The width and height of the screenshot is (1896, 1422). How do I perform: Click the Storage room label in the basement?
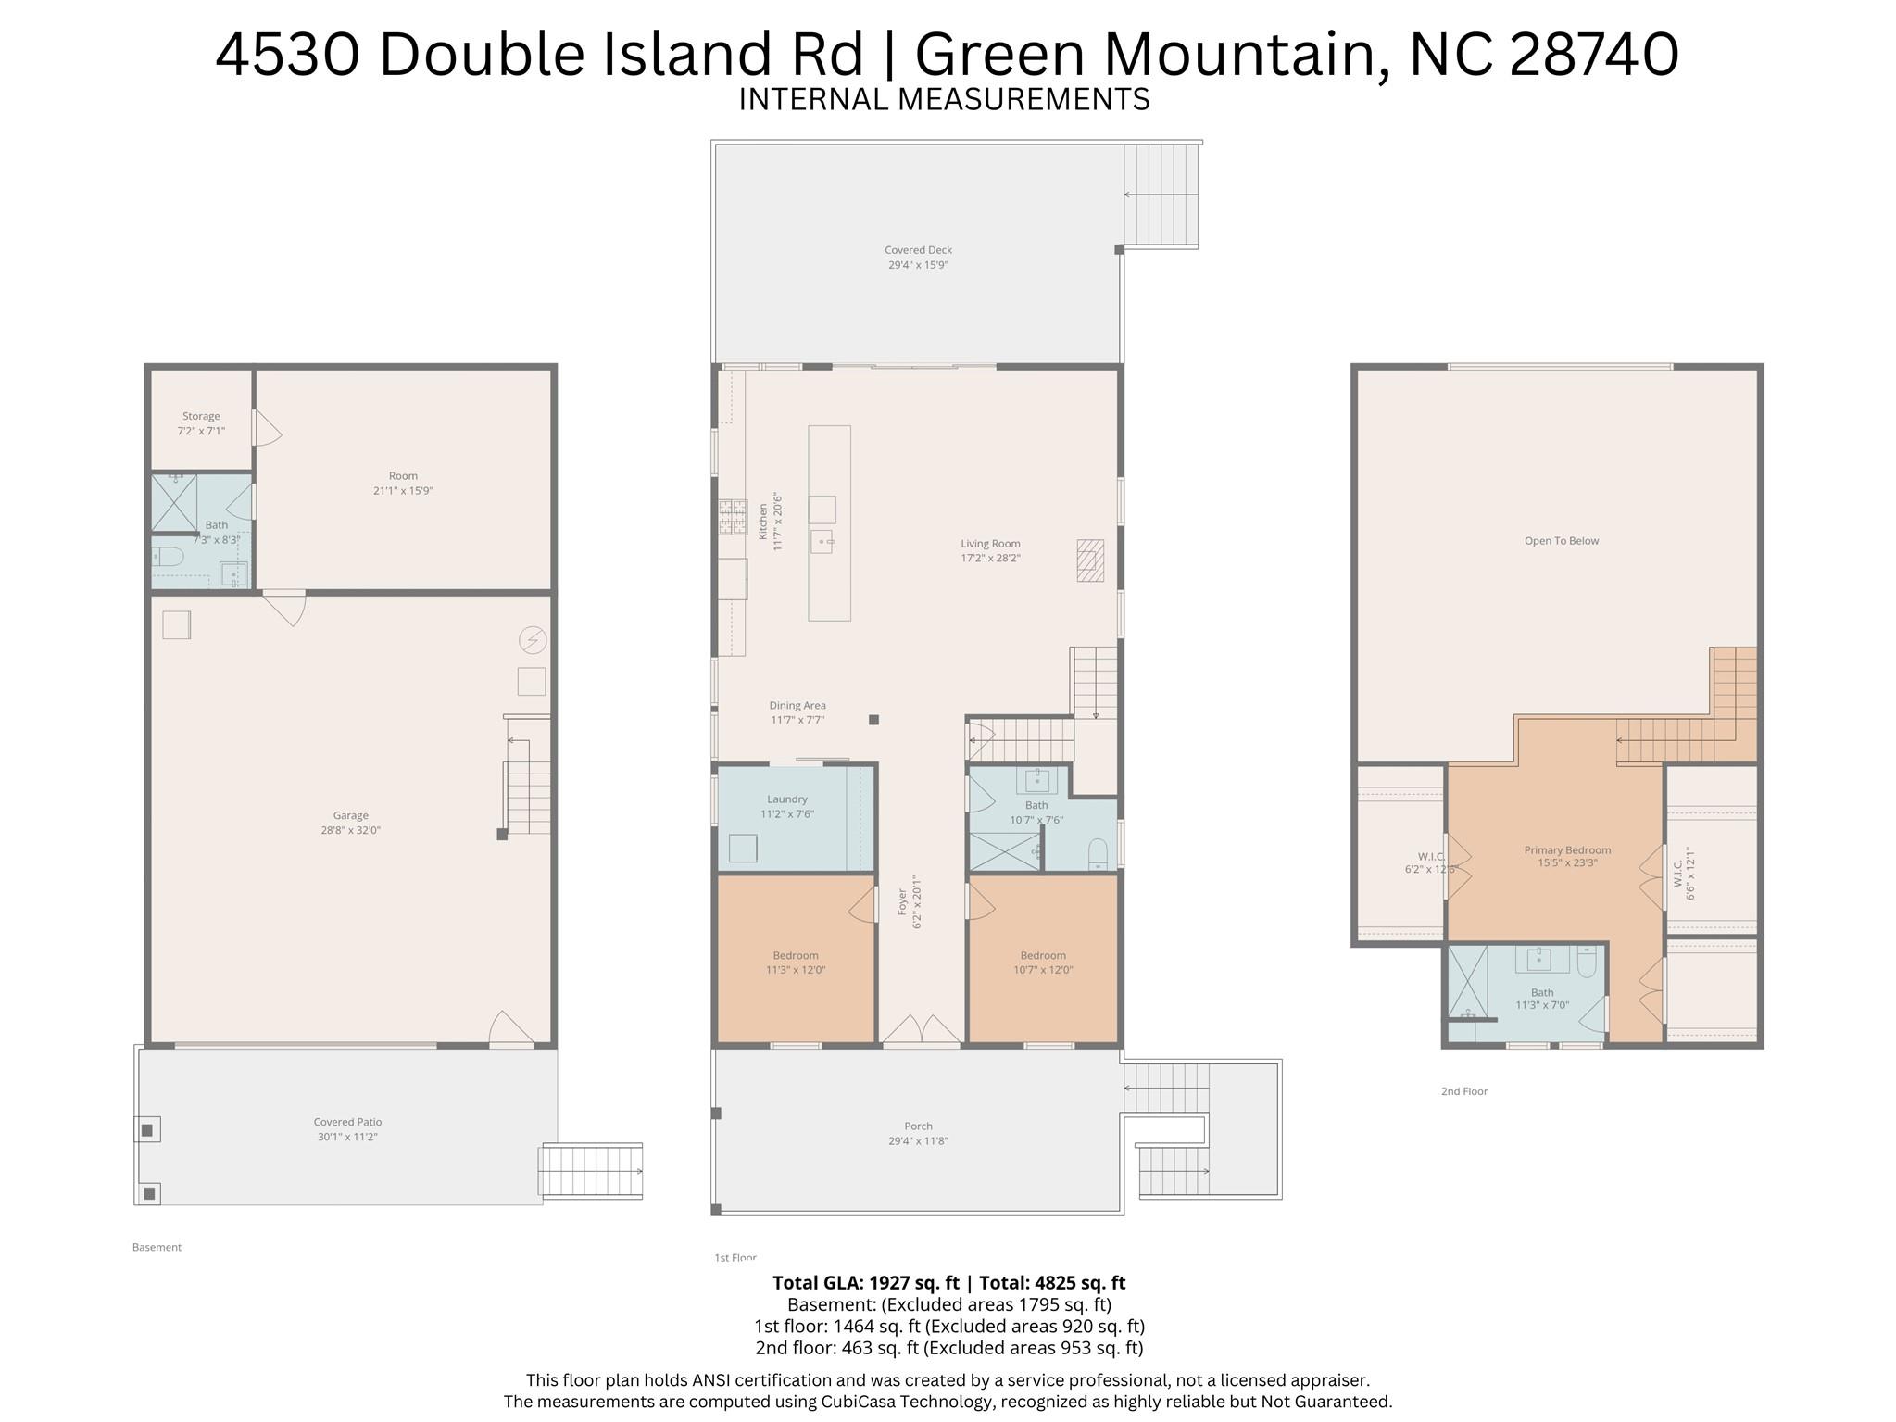(201, 417)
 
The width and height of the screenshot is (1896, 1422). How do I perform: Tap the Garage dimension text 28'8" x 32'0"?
(350, 831)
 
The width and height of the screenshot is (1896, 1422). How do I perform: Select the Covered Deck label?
(918, 250)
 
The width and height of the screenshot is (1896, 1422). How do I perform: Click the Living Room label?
(990, 544)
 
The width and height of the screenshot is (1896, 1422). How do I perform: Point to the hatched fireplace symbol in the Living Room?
(1090, 560)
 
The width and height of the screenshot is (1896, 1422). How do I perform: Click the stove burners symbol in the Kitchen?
(733, 517)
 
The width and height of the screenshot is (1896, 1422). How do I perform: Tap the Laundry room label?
(787, 799)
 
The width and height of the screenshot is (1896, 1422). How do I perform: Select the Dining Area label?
(797, 706)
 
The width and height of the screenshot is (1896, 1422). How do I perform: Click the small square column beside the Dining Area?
(873, 720)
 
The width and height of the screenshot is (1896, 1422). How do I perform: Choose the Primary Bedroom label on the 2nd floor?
(1567, 850)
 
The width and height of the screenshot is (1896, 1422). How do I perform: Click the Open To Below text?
(1562, 541)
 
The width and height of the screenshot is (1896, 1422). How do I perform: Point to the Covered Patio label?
(347, 1123)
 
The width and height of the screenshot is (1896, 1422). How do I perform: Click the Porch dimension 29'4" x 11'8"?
(918, 1141)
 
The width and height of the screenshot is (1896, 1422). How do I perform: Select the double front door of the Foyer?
(922, 1031)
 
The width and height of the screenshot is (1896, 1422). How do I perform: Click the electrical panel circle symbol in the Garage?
(533, 640)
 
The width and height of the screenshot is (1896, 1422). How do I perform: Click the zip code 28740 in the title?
(1593, 54)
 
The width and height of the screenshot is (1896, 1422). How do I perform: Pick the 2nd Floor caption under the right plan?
(1463, 1091)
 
